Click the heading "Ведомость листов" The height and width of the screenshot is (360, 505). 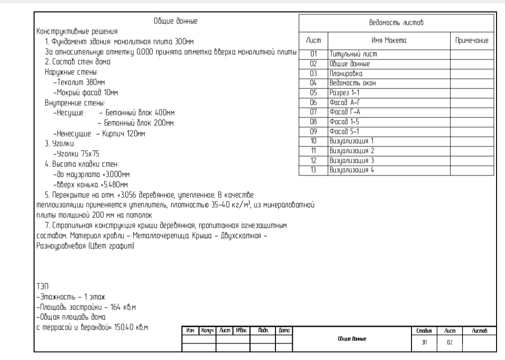pos(396,23)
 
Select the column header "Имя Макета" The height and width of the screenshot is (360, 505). pos(389,40)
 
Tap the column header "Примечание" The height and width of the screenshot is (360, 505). pos(472,40)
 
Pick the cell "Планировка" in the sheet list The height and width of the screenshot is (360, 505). pos(346,73)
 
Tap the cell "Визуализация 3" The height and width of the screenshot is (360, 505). pos(352,160)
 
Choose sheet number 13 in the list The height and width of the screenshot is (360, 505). pos(313,170)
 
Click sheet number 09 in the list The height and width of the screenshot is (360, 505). pos(313,131)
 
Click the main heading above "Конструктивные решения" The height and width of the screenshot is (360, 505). pos(175,21)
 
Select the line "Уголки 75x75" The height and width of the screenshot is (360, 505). pos(78,153)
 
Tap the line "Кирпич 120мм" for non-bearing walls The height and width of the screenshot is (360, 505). pos(124,134)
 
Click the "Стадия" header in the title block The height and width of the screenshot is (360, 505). pos(424,331)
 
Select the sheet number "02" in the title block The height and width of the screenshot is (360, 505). pos(450,343)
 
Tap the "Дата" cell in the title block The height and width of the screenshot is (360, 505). pos(284,331)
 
